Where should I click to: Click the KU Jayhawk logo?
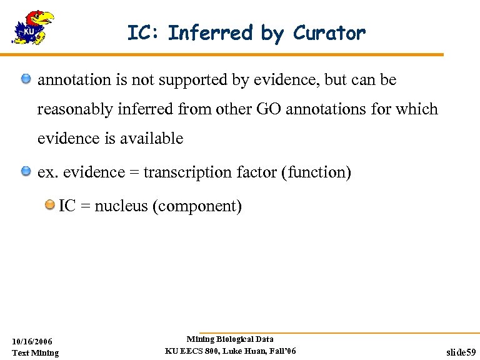tap(32, 27)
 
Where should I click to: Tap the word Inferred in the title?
tap(212, 32)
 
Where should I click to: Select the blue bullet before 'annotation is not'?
tap(26, 79)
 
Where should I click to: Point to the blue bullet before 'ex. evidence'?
tap(26, 171)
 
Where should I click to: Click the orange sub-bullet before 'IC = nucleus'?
tap(49, 205)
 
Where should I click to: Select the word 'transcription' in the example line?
tap(181, 172)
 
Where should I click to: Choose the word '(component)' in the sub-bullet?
tap(197, 206)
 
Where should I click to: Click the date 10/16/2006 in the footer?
tap(32, 341)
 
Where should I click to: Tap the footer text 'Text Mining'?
tap(36, 352)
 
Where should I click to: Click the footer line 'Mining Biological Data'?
tap(230, 339)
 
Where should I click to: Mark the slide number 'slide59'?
tap(461, 352)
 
